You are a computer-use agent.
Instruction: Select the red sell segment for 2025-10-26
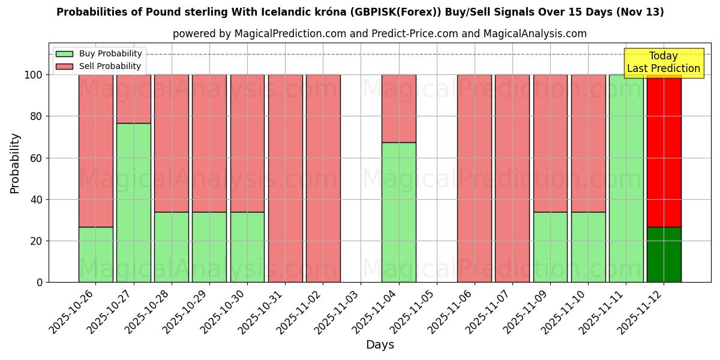(95, 151)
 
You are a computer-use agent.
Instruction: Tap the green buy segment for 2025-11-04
(398, 212)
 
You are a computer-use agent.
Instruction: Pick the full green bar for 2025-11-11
(626, 178)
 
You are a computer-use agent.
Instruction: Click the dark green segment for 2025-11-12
(664, 254)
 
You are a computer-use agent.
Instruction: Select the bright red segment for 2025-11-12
(664, 151)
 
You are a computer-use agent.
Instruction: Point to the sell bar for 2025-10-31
(285, 178)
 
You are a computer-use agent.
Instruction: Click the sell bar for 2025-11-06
(474, 178)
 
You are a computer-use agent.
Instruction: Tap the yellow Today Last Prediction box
(664, 62)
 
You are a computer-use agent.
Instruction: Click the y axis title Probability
(15, 163)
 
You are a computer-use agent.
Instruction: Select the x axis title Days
(380, 345)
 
